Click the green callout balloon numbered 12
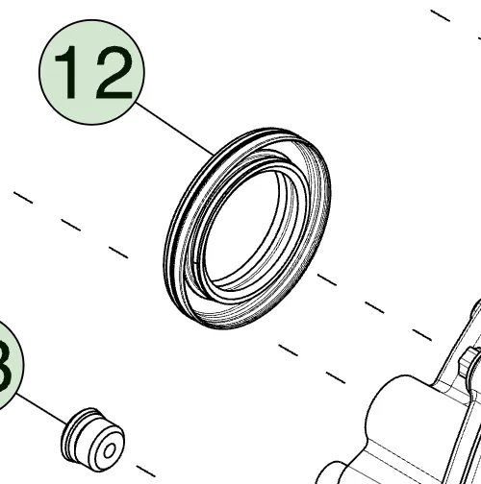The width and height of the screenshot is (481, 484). click(91, 72)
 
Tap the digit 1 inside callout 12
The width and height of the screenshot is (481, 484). click(69, 74)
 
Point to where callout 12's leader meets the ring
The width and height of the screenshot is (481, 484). click(214, 152)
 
